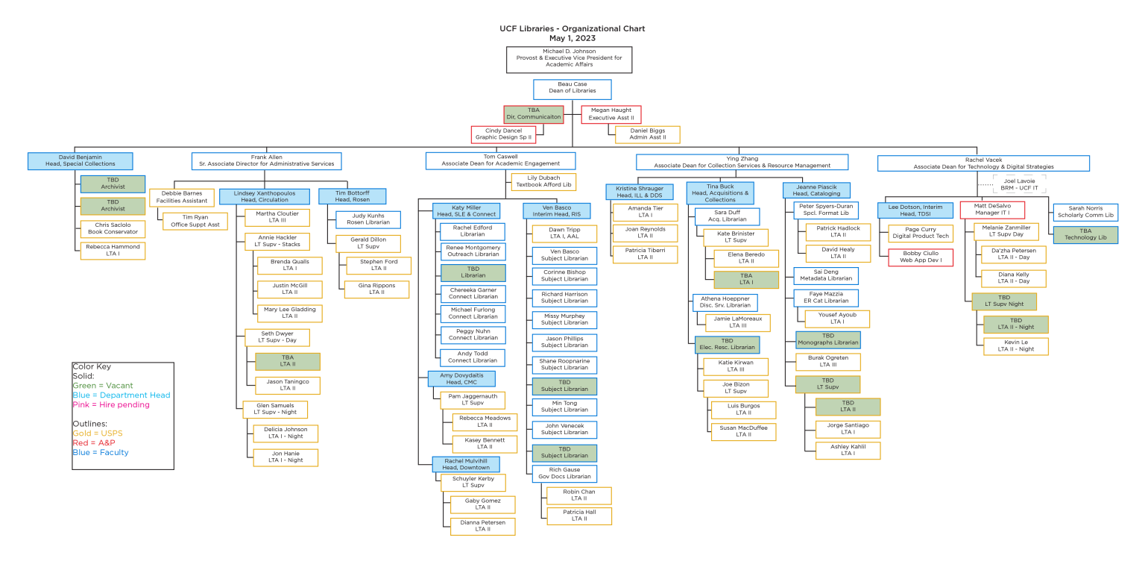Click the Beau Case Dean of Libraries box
tap(572, 89)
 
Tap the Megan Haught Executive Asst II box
tap(611, 114)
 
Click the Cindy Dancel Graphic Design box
tap(503, 134)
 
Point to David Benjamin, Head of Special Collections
tap(80, 160)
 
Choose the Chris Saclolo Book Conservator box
tap(113, 228)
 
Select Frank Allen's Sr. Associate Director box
tap(266, 161)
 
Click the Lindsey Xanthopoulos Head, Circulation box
tap(264, 196)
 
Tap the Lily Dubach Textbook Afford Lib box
tap(543, 181)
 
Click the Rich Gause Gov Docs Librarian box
tap(564, 473)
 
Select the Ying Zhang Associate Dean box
tap(742, 162)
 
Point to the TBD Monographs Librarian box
tap(827, 339)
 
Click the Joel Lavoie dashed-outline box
tap(1019, 184)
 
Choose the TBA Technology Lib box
tap(1085, 234)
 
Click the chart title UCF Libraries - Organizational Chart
tap(572, 28)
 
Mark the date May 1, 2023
tap(572, 38)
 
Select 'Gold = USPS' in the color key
tap(98, 433)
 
